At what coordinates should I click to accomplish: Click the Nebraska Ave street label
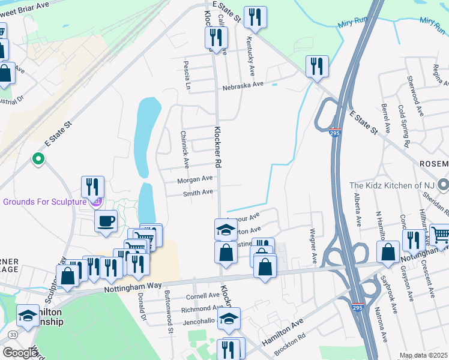click(x=244, y=85)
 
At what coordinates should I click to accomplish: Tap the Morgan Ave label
click(x=194, y=179)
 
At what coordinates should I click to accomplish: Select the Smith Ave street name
click(x=198, y=193)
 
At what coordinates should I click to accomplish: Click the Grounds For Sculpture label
click(x=44, y=202)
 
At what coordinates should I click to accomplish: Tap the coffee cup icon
click(x=106, y=220)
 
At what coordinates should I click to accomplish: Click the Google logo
click(x=20, y=353)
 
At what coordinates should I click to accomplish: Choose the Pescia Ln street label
click(x=187, y=75)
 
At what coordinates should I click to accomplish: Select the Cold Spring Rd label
click(x=403, y=127)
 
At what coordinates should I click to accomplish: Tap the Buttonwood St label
click(x=169, y=313)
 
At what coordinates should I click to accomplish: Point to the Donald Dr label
click(x=142, y=305)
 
